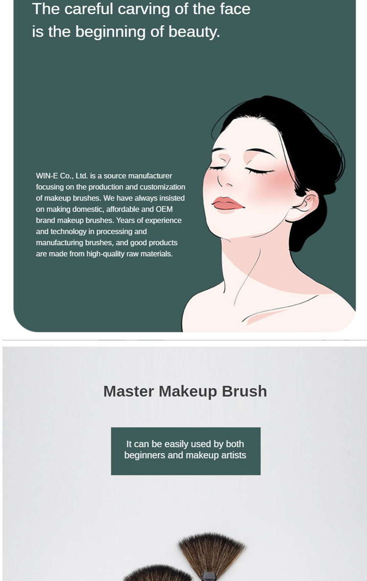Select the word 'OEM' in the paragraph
(x=164, y=209)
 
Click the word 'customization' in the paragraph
(x=162, y=187)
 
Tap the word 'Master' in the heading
(x=129, y=391)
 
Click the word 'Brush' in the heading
(x=244, y=391)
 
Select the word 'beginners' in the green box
(x=144, y=455)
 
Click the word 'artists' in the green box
(x=233, y=455)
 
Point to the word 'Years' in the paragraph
(x=125, y=220)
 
